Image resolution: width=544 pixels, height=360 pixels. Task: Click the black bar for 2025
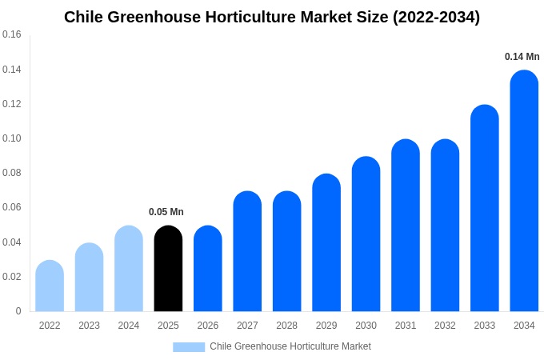pos(168,269)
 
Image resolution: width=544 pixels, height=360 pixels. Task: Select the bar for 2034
pos(524,191)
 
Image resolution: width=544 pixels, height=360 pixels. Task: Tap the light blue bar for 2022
pos(50,286)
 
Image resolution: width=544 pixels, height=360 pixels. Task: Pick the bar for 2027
pos(247,251)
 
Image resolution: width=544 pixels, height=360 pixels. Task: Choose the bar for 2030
pos(366,234)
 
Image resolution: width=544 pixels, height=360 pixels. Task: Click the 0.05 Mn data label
pos(166,212)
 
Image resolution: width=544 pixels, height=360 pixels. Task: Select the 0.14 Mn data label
pos(522,57)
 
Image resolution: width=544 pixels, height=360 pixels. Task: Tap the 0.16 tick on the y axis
pos(12,34)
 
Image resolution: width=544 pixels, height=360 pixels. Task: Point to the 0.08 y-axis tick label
pos(12,173)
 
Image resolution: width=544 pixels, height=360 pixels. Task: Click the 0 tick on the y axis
pos(18,311)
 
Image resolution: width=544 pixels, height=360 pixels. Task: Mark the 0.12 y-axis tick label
pos(12,104)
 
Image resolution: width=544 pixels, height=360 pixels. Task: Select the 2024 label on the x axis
pos(129,326)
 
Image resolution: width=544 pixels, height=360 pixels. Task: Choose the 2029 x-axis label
pos(326,326)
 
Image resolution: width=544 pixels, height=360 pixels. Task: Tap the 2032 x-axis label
pos(445,326)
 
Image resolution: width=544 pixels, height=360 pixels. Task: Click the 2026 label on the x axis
pos(208,326)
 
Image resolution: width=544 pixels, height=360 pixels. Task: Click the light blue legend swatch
pos(189,347)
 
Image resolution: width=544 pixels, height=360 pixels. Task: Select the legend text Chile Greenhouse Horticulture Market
pos(290,346)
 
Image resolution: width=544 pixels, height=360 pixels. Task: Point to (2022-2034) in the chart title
pos(436,17)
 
